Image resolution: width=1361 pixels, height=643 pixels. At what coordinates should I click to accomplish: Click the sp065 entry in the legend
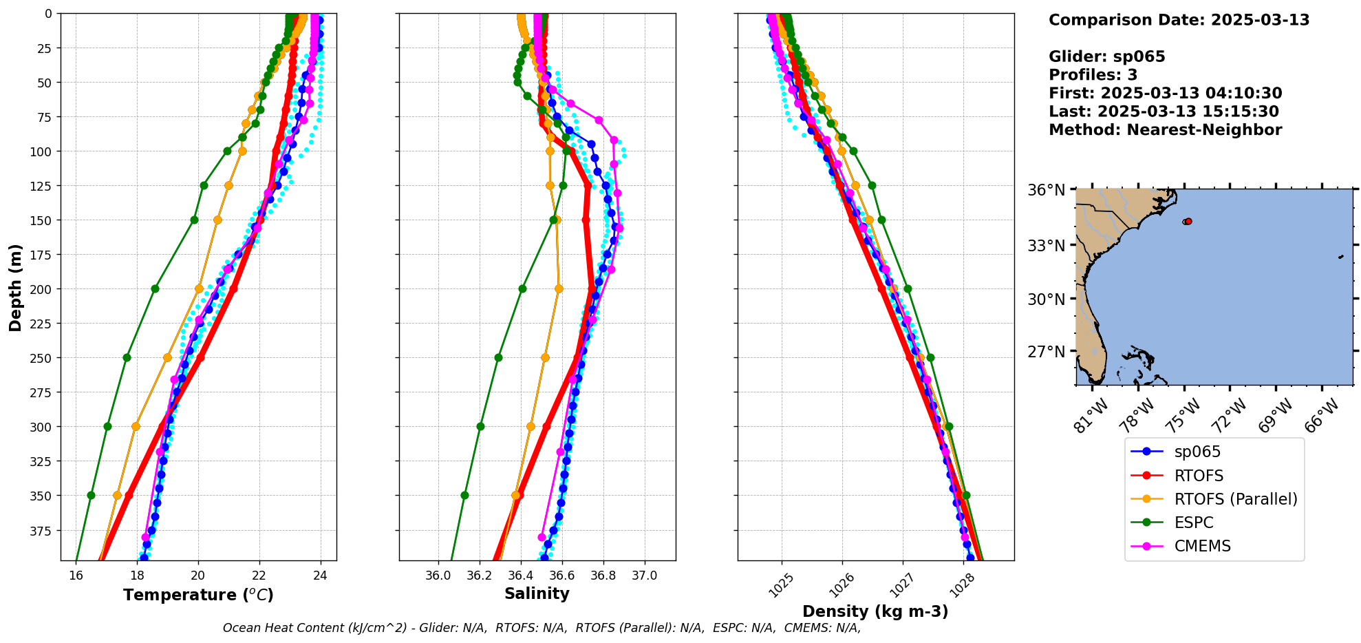coord(1197,452)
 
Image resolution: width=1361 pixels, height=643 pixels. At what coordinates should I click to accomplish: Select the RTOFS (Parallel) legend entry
coord(1235,499)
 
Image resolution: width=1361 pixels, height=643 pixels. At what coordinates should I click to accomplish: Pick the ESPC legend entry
coord(1193,523)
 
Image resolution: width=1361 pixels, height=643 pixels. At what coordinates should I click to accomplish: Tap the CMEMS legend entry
coord(1202,546)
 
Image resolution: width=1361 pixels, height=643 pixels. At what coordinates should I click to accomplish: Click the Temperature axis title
coord(198,595)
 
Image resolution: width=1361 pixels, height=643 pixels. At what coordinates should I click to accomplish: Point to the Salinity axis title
coord(537,593)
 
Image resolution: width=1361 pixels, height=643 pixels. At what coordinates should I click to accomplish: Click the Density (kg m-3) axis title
coord(875,611)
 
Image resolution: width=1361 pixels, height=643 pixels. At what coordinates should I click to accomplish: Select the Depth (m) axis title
coord(15,287)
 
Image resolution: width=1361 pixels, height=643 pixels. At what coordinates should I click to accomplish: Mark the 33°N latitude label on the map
coord(1046,246)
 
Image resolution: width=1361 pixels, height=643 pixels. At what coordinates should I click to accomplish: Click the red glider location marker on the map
coord(1188,221)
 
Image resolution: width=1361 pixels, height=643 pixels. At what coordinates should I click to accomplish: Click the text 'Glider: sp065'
coord(1106,56)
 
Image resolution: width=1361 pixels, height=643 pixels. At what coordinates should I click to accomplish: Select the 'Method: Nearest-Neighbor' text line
coord(1165,129)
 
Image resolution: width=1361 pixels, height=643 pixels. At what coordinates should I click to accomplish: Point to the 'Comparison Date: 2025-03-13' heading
coord(1179,20)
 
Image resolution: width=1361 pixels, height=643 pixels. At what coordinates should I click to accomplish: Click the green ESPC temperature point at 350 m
coord(91,495)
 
